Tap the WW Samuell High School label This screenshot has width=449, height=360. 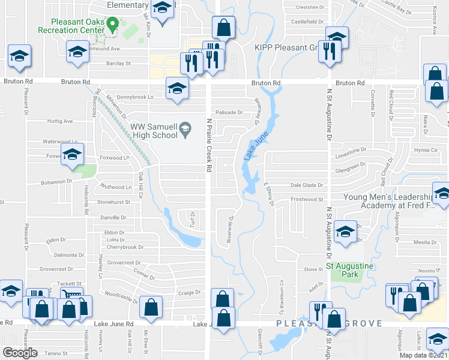click(x=155, y=131)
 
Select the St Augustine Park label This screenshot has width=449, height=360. click(x=349, y=269)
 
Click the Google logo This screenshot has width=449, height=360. click(x=20, y=353)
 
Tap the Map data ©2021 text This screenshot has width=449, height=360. click(x=424, y=355)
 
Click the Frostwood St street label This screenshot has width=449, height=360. click(x=307, y=199)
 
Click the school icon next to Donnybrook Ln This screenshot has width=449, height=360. click(x=176, y=89)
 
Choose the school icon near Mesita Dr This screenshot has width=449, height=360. click(x=345, y=232)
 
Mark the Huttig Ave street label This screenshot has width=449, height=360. click(x=59, y=121)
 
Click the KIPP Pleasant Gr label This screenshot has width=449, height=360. click(x=285, y=47)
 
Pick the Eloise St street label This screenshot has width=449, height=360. click(x=314, y=270)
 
